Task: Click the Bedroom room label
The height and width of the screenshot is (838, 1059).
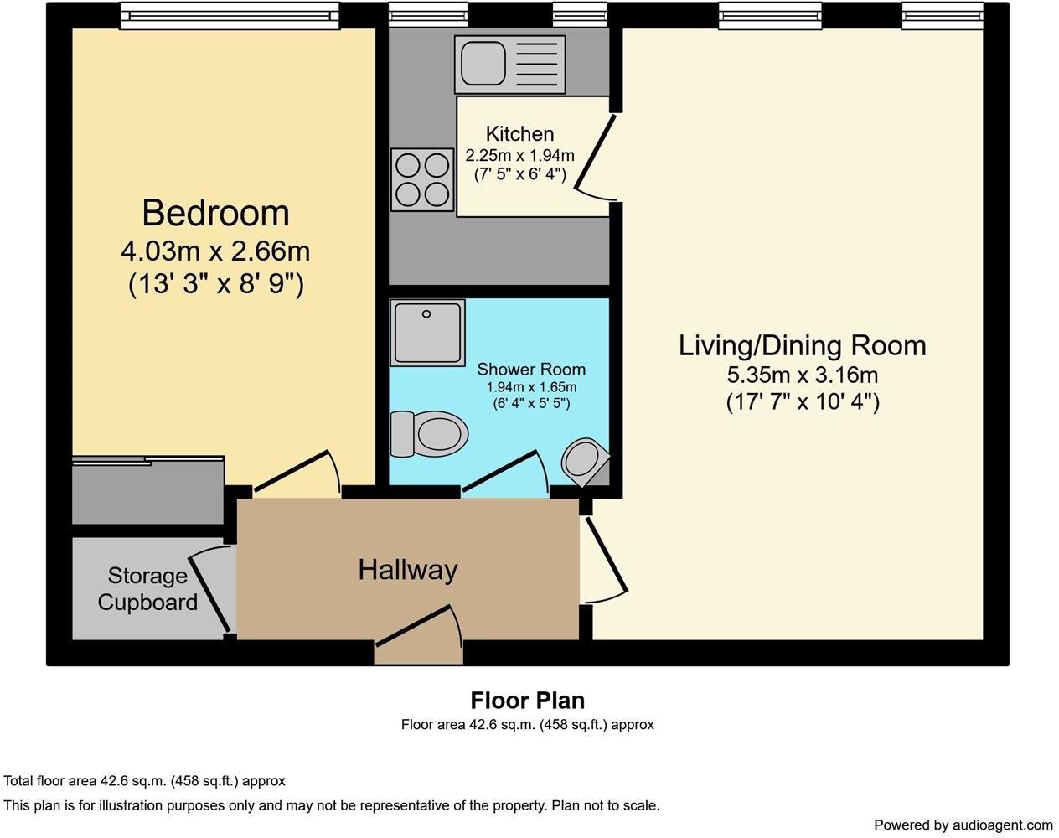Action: (215, 213)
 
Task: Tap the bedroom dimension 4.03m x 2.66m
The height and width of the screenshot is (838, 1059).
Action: (215, 251)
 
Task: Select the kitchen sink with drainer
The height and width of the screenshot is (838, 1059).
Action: (509, 64)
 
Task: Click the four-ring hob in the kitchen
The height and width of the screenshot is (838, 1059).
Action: (422, 180)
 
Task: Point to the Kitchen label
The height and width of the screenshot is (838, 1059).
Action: (519, 134)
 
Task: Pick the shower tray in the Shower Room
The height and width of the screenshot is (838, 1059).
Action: (427, 333)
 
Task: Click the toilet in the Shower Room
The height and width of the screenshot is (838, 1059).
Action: (429, 434)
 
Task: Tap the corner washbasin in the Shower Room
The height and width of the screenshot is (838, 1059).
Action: (586, 463)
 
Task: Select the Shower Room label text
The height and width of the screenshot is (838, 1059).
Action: (531, 370)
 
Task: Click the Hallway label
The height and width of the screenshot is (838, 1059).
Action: (407, 570)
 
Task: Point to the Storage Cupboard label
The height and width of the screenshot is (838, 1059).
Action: (147, 589)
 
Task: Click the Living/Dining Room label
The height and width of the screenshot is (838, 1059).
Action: (802, 345)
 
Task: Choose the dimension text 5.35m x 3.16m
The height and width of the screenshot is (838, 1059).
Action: (802, 375)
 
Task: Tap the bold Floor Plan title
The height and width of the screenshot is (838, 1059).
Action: (528, 700)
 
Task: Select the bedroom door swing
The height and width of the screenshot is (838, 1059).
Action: (297, 471)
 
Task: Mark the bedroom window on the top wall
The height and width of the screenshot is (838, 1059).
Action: (230, 16)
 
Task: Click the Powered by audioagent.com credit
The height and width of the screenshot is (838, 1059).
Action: (963, 825)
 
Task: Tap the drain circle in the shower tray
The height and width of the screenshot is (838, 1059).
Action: (426, 313)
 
